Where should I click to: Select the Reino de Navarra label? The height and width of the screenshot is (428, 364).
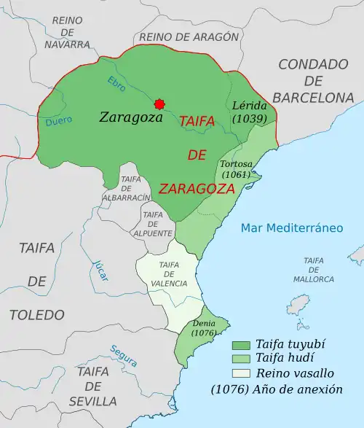click(67, 32)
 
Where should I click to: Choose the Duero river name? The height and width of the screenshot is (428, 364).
click(58, 122)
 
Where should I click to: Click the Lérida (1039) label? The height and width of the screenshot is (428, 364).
click(250, 111)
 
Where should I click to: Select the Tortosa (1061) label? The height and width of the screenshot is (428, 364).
click(235, 169)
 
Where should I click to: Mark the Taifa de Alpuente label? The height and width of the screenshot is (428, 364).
click(153, 224)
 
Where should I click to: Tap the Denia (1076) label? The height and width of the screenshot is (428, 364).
click(203, 327)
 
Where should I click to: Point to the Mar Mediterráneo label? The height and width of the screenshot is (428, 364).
click(291, 228)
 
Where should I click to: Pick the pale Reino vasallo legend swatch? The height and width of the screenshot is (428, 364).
click(242, 374)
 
